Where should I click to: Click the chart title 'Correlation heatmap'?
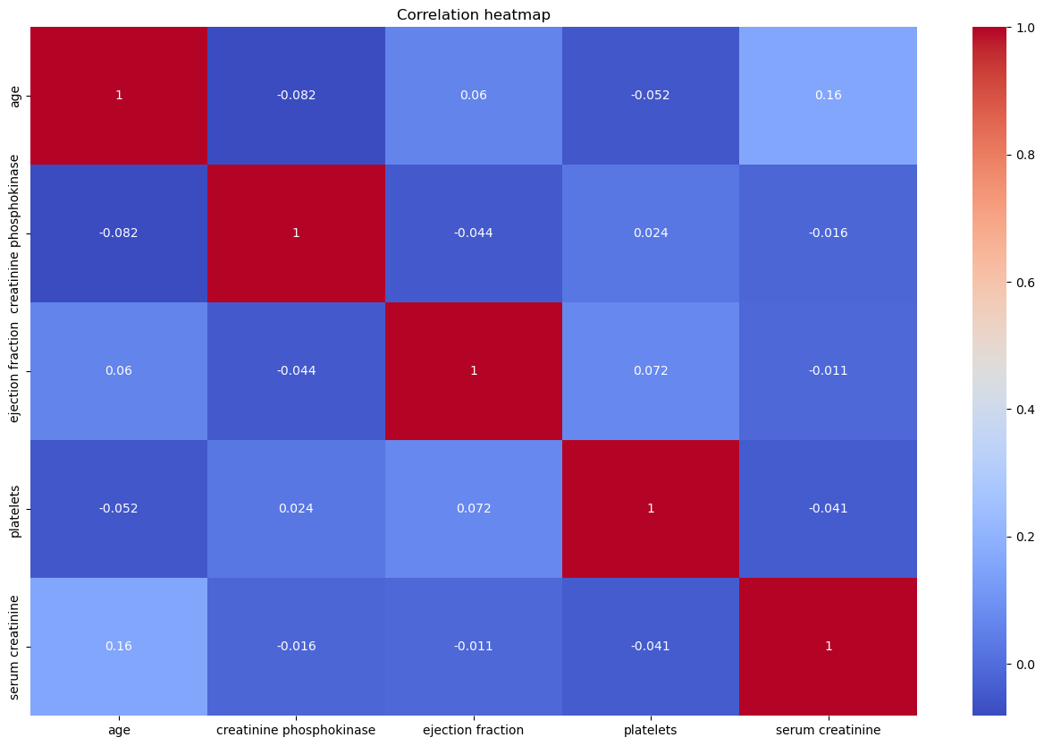click(474, 14)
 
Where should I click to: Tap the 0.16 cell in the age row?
click(828, 96)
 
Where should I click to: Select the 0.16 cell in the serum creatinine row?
click(119, 646)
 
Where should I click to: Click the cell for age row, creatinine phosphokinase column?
click(296, 96)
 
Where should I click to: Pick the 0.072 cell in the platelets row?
click(474, 508)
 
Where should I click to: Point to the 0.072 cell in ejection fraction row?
click(651, 370)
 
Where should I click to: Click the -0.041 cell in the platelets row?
click(828, 508)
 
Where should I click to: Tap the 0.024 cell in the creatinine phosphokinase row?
click(651, 233)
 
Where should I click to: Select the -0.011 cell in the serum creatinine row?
click(474, 646)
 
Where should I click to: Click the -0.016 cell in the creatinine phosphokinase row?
click(828, 233)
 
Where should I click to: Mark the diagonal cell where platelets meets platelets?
click(651, 508)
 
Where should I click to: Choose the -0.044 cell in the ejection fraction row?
click(296, 370)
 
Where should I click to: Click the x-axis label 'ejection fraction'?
click(474, 730)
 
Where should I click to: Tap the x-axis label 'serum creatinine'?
click(828, 730)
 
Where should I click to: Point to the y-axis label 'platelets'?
click(15, 508)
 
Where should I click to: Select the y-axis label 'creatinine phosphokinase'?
click(15, 233)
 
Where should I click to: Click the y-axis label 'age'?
click(15, 96)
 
